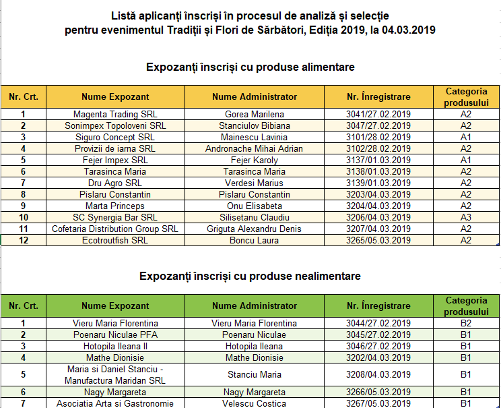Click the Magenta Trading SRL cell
tap(115, 114)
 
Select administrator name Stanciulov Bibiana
tap(255, 125)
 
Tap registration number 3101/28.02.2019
tap(378, 137)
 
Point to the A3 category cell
tap(466, 217)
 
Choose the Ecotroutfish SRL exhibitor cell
tap(115, 240)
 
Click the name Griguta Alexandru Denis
tap(255, 229)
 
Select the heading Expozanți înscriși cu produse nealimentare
tap(250, 276)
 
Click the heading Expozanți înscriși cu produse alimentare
tap(250, 67)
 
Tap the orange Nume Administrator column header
tap(255, 96)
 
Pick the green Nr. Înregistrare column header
tap(378, 306)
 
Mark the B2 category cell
tap(466, 323)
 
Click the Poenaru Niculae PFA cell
tap(115, 334)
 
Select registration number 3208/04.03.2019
tap(378, 374)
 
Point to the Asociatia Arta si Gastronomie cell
tap(115, 403)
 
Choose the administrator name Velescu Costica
tap(255, 403)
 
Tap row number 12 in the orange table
tap(24, 240)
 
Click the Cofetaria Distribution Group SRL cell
tap(115, 229)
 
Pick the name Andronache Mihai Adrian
tap(255, 148)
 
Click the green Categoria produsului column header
tap(466, 306)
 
